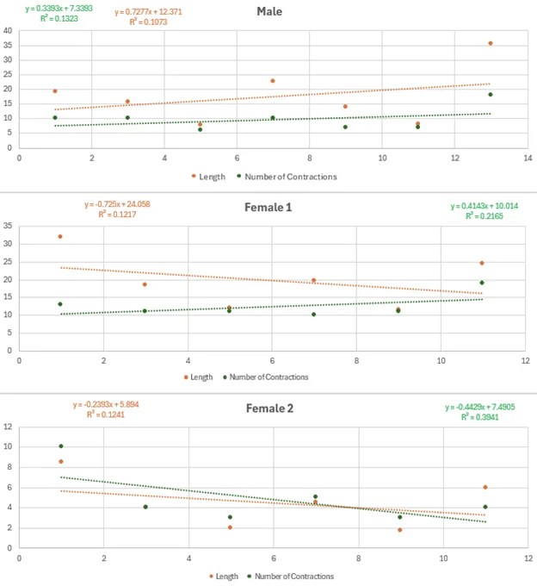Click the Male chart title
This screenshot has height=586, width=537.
click(x=269, y=12)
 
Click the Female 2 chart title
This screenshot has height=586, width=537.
click(x=269, y=408)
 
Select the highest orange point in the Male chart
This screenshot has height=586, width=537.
click(x=491, y=43)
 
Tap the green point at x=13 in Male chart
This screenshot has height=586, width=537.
click(x=491, y=95)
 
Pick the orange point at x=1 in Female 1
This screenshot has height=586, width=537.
click(x=60, y=236)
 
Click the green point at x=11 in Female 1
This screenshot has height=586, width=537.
click(x=482, y=283)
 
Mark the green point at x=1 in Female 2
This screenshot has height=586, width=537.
click(x=61, y=446)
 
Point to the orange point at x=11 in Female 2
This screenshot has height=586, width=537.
click(x=485, y=487)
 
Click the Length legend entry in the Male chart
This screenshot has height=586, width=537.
click(x=208, y=176)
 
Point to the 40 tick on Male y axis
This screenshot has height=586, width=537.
click(x=8, y=31)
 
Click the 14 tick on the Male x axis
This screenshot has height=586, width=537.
click(x=527, y=159)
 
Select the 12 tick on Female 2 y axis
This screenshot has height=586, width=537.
click(x=8, y=427)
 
